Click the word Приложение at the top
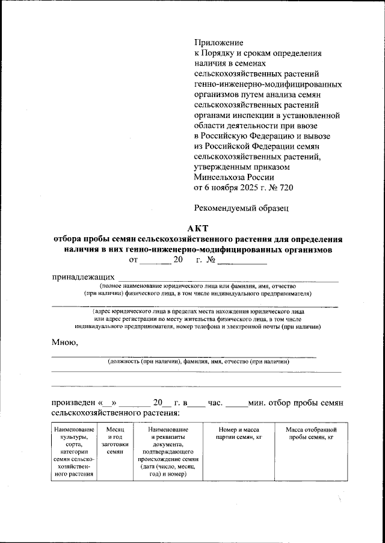[218, 42]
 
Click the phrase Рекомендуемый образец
[242, 208]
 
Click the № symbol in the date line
[211, 261]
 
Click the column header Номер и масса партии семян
[236, 433]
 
